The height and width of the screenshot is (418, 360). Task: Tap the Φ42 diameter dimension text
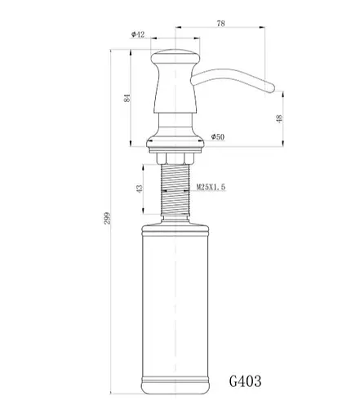(138, 34)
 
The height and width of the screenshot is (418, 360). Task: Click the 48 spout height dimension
(279, 118)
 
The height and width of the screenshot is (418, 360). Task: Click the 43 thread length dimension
(140, 188)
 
